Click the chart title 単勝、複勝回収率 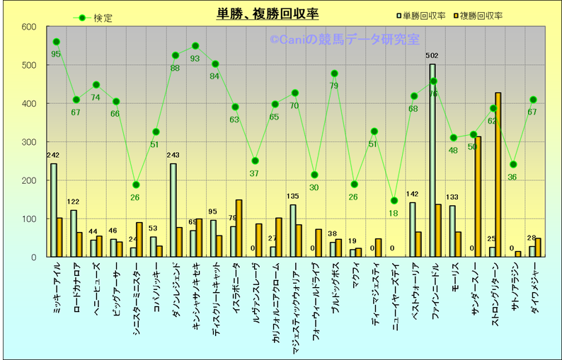point(267,14)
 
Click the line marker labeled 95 point(56,42)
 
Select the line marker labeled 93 point(195,46)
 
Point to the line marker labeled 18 point(394,201)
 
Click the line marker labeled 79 point(334,74)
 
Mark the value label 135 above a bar point(292,197)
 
